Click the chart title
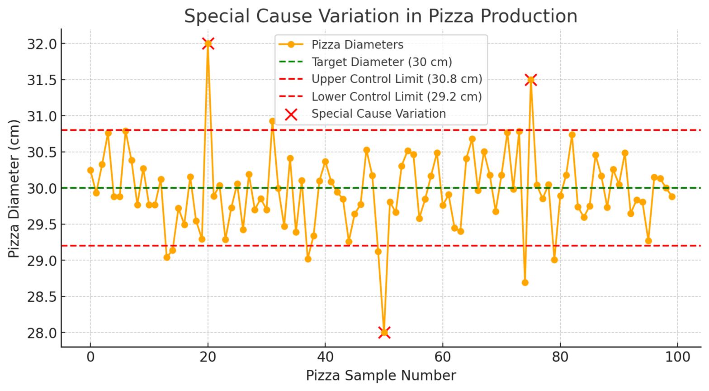click(x=380, y=16)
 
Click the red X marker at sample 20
click(x=208, y=44)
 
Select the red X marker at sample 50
click(x=384, y=333)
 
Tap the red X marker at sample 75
click(x=531, y=80)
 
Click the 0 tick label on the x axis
click(x=90, y=357)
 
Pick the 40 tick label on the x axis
click(x=325, y=357)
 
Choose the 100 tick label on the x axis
click(x=677, y=357)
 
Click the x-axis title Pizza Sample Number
click(x=381, y=376)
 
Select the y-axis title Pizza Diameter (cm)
click(x=14, y=188)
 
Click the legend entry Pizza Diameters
click(x=357, y=45)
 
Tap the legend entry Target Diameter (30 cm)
click(x=382, y=62)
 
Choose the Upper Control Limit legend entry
click(x=397, y=79)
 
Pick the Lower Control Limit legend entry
click(x=397, y=96)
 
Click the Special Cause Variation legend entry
click(x=378, y=114)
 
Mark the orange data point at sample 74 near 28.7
click(x=525, y=282)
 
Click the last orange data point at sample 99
click(x=672, y=196)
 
